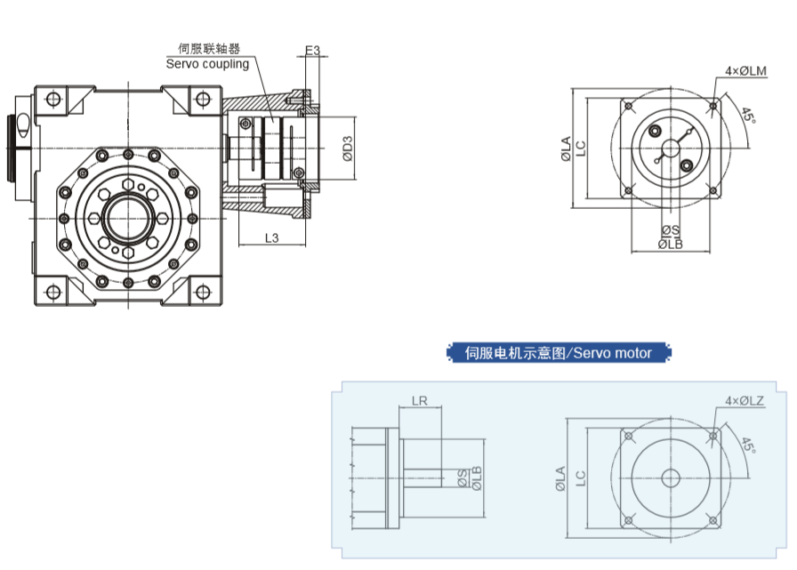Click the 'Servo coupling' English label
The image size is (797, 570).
pyautogui.click(x=207, y=64)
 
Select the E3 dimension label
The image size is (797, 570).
pyautogui.click(x=312, y=51)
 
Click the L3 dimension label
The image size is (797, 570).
pyautogui.click(x=272, y=237)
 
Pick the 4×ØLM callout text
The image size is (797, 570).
pyautogui.click(x=746, y=71)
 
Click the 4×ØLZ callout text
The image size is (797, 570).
pyautogui.click(x=745, y=401)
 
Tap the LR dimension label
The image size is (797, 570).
pyautogui.click(x=420, y=401)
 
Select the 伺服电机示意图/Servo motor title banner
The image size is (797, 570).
pyautogui.click(x=559, y=353)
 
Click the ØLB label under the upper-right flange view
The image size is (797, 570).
pyautogui.click(x=670, y=244)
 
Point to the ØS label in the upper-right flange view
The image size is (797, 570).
pyautogui.click(x=670, y=231)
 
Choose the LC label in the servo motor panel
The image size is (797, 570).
pyautogui.click(x=579, y=478)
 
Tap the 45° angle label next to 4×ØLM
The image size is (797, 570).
pyautogui.click(x=748, y=116)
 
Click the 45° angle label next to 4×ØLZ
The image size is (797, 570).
pyautogui.click(x=747, y=446)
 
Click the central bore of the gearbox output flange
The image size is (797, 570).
pyautogui.click(x=128, y=217)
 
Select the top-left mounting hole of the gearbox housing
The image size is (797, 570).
pyautogui.click(x=52, y=98)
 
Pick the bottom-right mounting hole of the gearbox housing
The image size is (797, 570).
pyautogui.click(x=204, y=291)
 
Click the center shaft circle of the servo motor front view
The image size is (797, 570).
pyautogui.click(x=670, y=478)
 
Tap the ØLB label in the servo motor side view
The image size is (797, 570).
pyautogui.click(x=477, y=478)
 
